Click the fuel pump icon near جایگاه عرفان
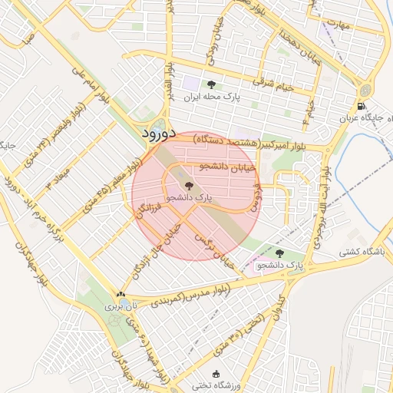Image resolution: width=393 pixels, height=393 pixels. point(362,106)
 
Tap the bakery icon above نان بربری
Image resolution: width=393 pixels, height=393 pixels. point(120,294)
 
